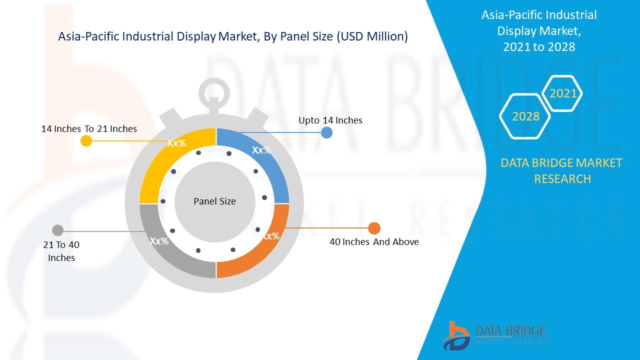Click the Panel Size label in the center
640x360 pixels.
[214, 201]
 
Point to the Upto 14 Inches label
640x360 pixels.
[330, 120]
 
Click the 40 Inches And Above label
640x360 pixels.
[374, 242]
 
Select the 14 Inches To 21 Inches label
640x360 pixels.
[89, 129]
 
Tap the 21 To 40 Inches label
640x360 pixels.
[61, 251]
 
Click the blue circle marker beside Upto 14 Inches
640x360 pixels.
[326, 132]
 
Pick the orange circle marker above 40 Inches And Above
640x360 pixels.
[374, 228]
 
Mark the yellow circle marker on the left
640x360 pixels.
[86, 141]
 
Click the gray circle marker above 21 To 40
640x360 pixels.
[58, 230]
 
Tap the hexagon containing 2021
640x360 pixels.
[563, 93]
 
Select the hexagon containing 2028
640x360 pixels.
[525, 116]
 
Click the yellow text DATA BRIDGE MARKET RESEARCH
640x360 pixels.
[562, 170]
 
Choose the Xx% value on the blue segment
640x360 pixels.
[261, 150]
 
